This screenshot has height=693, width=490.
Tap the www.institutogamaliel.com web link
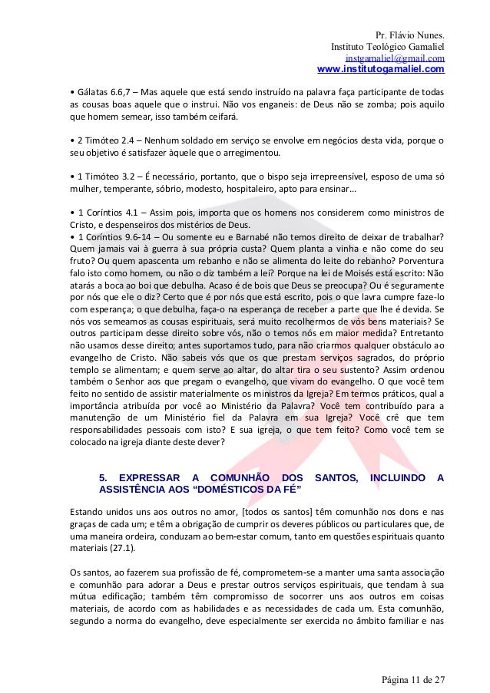380,71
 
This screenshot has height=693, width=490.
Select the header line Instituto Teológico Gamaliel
387,47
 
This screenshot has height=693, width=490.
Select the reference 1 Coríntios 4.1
104,211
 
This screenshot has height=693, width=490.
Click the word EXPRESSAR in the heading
151,478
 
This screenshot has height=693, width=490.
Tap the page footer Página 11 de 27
412,679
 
